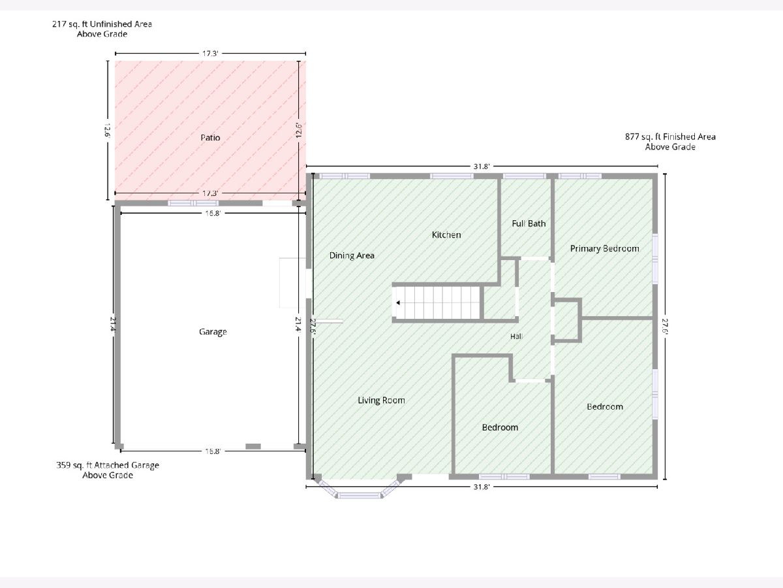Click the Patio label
point(210,137)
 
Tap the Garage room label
point(213,332)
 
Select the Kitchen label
point(446,235)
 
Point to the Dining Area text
point(352,255)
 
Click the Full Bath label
point(529,223)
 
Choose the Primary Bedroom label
point(605,248)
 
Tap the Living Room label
point(381,400)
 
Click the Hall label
point(516,336)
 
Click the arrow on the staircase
point(398,302)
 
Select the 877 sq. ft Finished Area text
point(670,137)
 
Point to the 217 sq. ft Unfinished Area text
point(102,24)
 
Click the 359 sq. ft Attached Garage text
point(108,465)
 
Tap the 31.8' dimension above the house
point(482,167)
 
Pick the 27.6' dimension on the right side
point(665,326)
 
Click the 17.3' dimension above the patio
point(210,54)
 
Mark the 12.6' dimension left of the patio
point(108,130)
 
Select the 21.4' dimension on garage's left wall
point(114,325)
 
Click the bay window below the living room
point(360,490)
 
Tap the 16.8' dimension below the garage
point(213,451)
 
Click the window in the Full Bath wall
point(525,176)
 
